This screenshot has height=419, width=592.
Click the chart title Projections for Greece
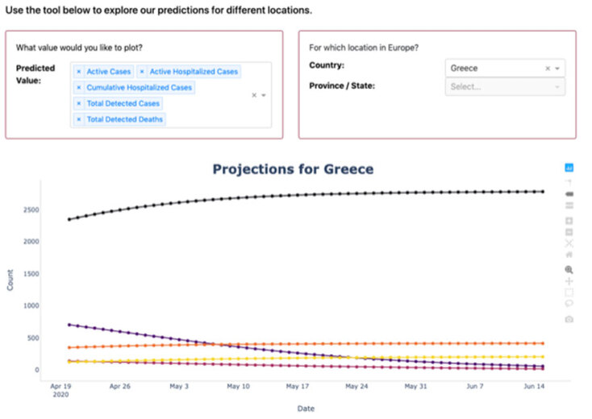click(293, 169)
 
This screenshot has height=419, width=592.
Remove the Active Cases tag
click(78, 72)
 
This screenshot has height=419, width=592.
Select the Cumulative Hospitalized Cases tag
click(139, 87)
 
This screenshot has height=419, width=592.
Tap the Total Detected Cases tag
click(123, 103)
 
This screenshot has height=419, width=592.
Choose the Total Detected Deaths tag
click(125, 119)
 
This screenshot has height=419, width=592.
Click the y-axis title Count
click(10, 280)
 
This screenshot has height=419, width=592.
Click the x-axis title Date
click(306, 408)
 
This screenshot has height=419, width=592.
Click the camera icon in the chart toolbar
click(569, 319)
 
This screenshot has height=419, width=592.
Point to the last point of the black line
click(542, 192)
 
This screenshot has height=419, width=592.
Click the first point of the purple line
click(69, 325)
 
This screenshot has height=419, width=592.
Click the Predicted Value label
click(35, 74)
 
